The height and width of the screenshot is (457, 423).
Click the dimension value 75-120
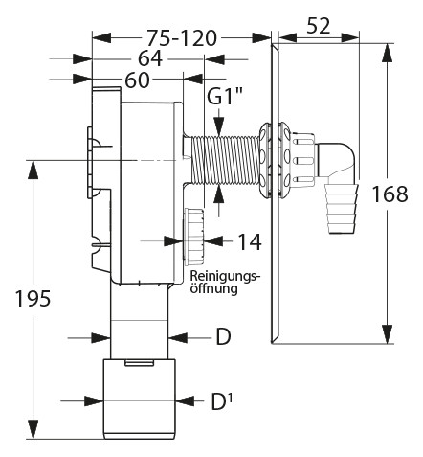[182, 38]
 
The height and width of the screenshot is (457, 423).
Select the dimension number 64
[150, 59]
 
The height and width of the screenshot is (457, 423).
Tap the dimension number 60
[137, 80]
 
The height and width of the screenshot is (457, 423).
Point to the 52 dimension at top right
[319, 26]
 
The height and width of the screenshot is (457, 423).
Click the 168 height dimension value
[390, 194]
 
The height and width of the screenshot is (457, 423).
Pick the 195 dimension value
[33, 299]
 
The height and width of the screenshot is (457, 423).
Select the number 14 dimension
[250, 241]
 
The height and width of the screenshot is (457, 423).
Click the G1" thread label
[225, 97]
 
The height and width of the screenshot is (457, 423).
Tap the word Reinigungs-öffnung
[223, 283]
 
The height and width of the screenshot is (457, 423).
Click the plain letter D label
[223, 337]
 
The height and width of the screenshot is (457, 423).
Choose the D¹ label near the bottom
[222, 401]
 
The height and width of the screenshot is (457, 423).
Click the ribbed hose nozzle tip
[342, 209]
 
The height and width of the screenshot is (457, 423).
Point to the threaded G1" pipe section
[224, 160]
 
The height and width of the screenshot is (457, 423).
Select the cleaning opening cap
[193, 237]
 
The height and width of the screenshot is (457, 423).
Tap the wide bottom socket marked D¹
[139, 400]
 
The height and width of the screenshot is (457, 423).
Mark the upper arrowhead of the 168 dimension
[388, 53]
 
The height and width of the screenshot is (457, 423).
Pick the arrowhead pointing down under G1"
[219, 127]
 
